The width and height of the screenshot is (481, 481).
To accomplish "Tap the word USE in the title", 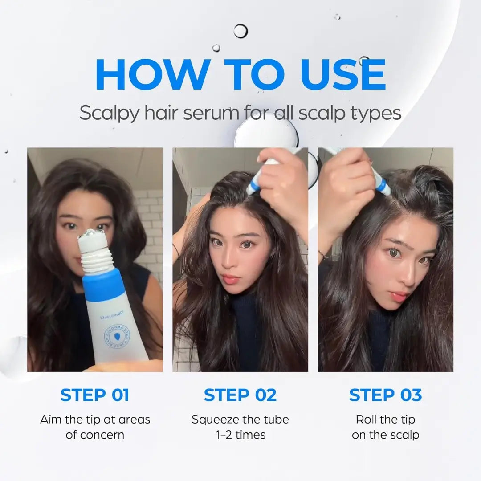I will [341, 74].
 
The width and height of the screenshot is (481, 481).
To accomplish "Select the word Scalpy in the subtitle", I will [105, 113].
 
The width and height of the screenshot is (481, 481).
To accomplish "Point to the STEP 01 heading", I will [95, 395].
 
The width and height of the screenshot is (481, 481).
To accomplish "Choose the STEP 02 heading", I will [240, 395].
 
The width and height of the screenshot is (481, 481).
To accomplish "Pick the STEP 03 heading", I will [385, 395].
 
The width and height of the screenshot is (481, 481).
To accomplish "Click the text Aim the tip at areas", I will [95, 420].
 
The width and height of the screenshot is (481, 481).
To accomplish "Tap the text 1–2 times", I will [240, 435].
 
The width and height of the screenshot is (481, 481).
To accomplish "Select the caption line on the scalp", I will [385, 435].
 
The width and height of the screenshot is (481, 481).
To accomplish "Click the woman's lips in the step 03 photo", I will [398, 296].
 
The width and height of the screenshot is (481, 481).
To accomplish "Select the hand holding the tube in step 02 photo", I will [283, 178].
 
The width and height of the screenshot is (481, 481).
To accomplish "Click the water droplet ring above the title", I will [240, 30].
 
